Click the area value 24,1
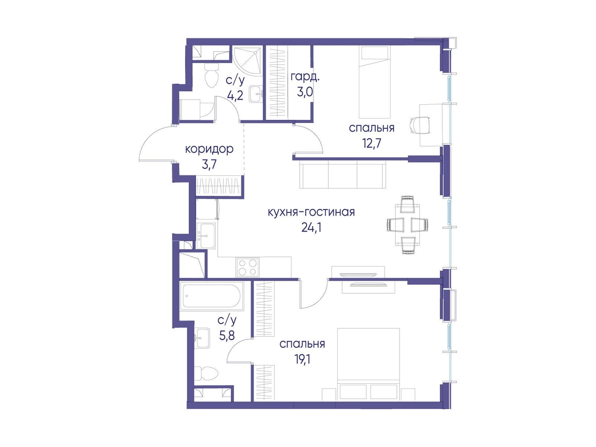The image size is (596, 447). (x=311, y=228)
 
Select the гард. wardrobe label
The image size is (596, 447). (x=305, y=78)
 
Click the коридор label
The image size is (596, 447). (x=209, y=149)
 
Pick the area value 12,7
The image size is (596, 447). (x=371, y=143)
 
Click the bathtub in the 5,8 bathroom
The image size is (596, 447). (x=211, y=296)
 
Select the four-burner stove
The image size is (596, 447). (x=247, y=267)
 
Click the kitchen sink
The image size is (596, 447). (x=206, y=236)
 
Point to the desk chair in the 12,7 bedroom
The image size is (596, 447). (x=420, y=125)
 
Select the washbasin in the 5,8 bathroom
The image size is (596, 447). (x=202, y=338)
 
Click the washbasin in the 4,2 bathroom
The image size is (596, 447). (x=256, y=94)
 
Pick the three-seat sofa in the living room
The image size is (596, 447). (x=342, y=174)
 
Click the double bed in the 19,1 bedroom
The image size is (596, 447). (x=368, y=364)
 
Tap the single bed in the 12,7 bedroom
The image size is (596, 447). (x=374, y=82)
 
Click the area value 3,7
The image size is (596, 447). (x=209, y=164)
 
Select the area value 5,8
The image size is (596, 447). (x=227, y=336)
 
